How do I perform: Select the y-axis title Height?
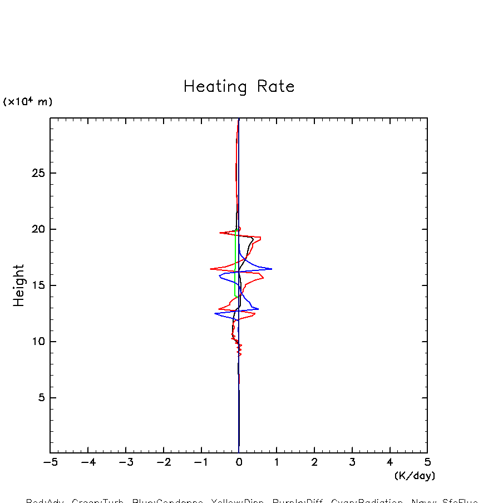pos(19,285)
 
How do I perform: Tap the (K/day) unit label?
pos(415,476)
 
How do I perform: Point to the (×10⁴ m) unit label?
pos(28,102)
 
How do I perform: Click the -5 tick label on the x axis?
pos(50,462)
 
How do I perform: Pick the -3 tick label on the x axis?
pos(126,462)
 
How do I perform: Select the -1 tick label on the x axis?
pos(201,462)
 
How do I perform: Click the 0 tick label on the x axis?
pos(239,462)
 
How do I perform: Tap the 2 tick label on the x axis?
pos(314,462)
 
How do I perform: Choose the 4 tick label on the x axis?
pos(389,462)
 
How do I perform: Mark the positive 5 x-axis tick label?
pos(427,462)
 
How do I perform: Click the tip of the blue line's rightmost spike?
pos(272,269)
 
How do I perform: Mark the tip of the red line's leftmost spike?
pos(210,269)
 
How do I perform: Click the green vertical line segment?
pos(235,262)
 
